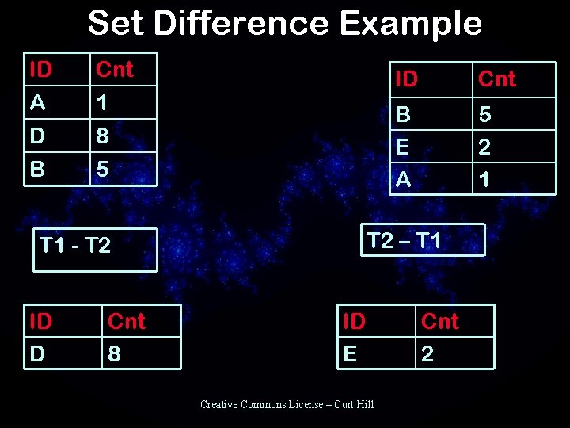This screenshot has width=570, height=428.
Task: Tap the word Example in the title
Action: tap(410, 23)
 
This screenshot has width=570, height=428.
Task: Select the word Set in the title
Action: tap(116, 23)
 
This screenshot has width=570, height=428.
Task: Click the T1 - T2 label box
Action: tap(94, 249)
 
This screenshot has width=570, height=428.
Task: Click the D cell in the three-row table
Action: tap(37, 136)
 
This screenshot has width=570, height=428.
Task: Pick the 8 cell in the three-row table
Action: tap(101, 136)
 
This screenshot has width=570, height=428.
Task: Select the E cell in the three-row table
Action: tap(402, 147)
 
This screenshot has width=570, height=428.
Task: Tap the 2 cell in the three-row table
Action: tap(484, 147)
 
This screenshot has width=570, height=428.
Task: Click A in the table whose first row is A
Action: tap(37, 103)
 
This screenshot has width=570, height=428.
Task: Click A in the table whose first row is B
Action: tap(403, 180)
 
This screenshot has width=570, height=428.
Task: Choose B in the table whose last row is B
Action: tap(37, 169)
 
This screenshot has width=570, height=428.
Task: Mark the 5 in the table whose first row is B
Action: tap(484, 115)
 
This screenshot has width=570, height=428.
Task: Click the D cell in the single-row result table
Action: tap(37, 353)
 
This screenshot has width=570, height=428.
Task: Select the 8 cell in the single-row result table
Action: tap(114, 353)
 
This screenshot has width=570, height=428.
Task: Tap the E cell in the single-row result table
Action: tap(350, 353)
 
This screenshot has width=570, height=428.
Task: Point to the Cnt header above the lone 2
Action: tap(439, 321)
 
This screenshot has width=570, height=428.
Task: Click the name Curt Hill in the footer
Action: tap(354, 405)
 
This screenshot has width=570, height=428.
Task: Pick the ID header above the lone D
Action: tap(40, 321)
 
